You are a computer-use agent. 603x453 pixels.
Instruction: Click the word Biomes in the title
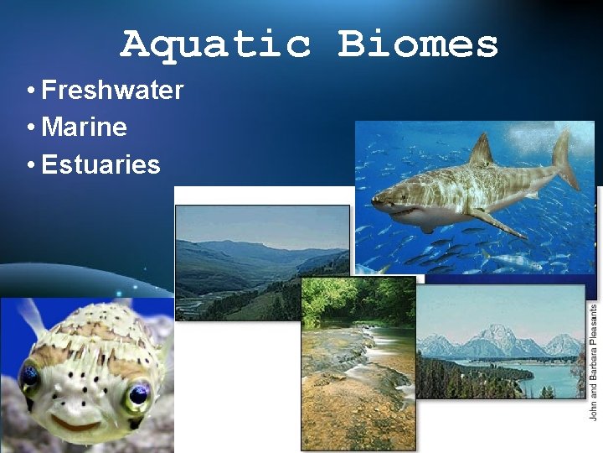pos(418,44)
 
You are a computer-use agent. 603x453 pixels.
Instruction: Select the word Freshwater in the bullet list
pos(112,90)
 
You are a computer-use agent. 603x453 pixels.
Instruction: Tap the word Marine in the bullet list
pos(84,128)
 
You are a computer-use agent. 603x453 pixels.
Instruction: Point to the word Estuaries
pos(100,165)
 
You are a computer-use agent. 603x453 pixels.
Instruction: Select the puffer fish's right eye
pos(138,393)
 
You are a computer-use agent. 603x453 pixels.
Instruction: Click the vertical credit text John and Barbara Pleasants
pos(593,361)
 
